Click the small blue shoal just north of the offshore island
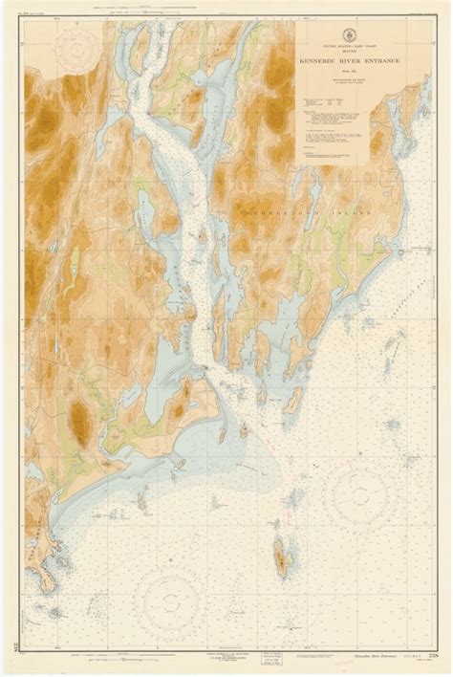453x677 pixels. pyautogui.click(x=277, y=523)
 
